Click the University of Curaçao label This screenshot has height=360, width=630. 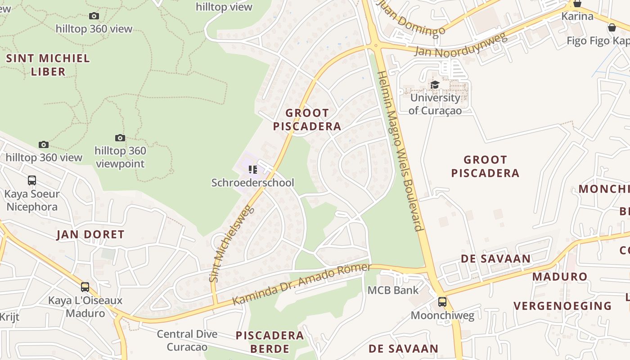coord(435,104)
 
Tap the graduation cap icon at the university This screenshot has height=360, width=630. coord(435,85)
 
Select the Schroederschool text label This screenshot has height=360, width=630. coord(252,183)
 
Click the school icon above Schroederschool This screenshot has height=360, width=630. coord(252,170)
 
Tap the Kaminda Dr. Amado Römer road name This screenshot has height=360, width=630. coord(301,284)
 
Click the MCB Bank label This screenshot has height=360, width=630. coord(393,290)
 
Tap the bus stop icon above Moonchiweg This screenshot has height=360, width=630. coord(442,302)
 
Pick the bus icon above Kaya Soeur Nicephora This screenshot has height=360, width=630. coord(32,180)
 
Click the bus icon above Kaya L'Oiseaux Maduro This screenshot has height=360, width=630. coord(85,287)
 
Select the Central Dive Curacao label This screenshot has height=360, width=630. coord(187,340)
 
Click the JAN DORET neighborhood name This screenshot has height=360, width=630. coord(90,234)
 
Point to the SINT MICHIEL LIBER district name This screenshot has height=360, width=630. coord(48,65)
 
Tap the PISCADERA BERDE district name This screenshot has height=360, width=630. coord(270,342)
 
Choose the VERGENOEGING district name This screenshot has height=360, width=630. coord(562,306)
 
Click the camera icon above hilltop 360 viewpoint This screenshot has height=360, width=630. coord(120,138)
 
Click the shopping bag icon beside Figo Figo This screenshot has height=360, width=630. coord(612,28)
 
